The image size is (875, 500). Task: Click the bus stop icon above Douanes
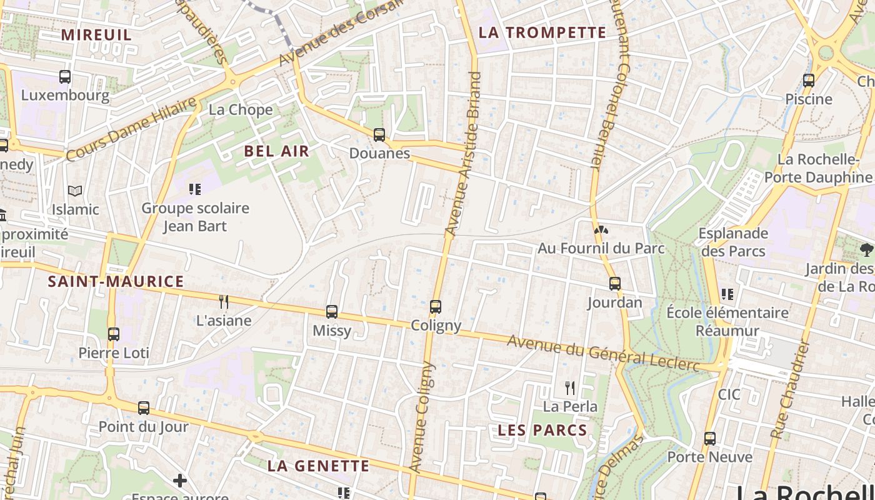coord(379,134)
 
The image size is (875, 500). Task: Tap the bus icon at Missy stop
coord(332,311)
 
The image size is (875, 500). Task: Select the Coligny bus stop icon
coord(436,306)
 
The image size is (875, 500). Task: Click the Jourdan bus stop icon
coord(615,283)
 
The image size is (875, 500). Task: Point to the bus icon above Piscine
coord(809,80)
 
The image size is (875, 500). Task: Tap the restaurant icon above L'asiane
coord(223,302)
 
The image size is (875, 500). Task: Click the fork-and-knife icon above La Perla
coord(570,388)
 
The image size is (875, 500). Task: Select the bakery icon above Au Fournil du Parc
coord(601,230)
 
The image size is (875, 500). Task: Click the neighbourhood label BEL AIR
coord(276,151)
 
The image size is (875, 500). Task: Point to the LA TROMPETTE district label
coord(542,32)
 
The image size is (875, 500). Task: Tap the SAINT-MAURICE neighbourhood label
coord(116,281)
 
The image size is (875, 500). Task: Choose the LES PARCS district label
coord(542,430)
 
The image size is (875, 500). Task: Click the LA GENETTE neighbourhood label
coord(318,466)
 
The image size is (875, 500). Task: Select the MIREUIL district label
coord(96,34)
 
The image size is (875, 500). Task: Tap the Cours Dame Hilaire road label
coord(131,129)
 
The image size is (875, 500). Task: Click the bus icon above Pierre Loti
coord(113,334)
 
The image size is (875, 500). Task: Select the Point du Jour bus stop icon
coord(144,408)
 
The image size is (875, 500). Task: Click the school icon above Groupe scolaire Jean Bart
coord(195,189)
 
